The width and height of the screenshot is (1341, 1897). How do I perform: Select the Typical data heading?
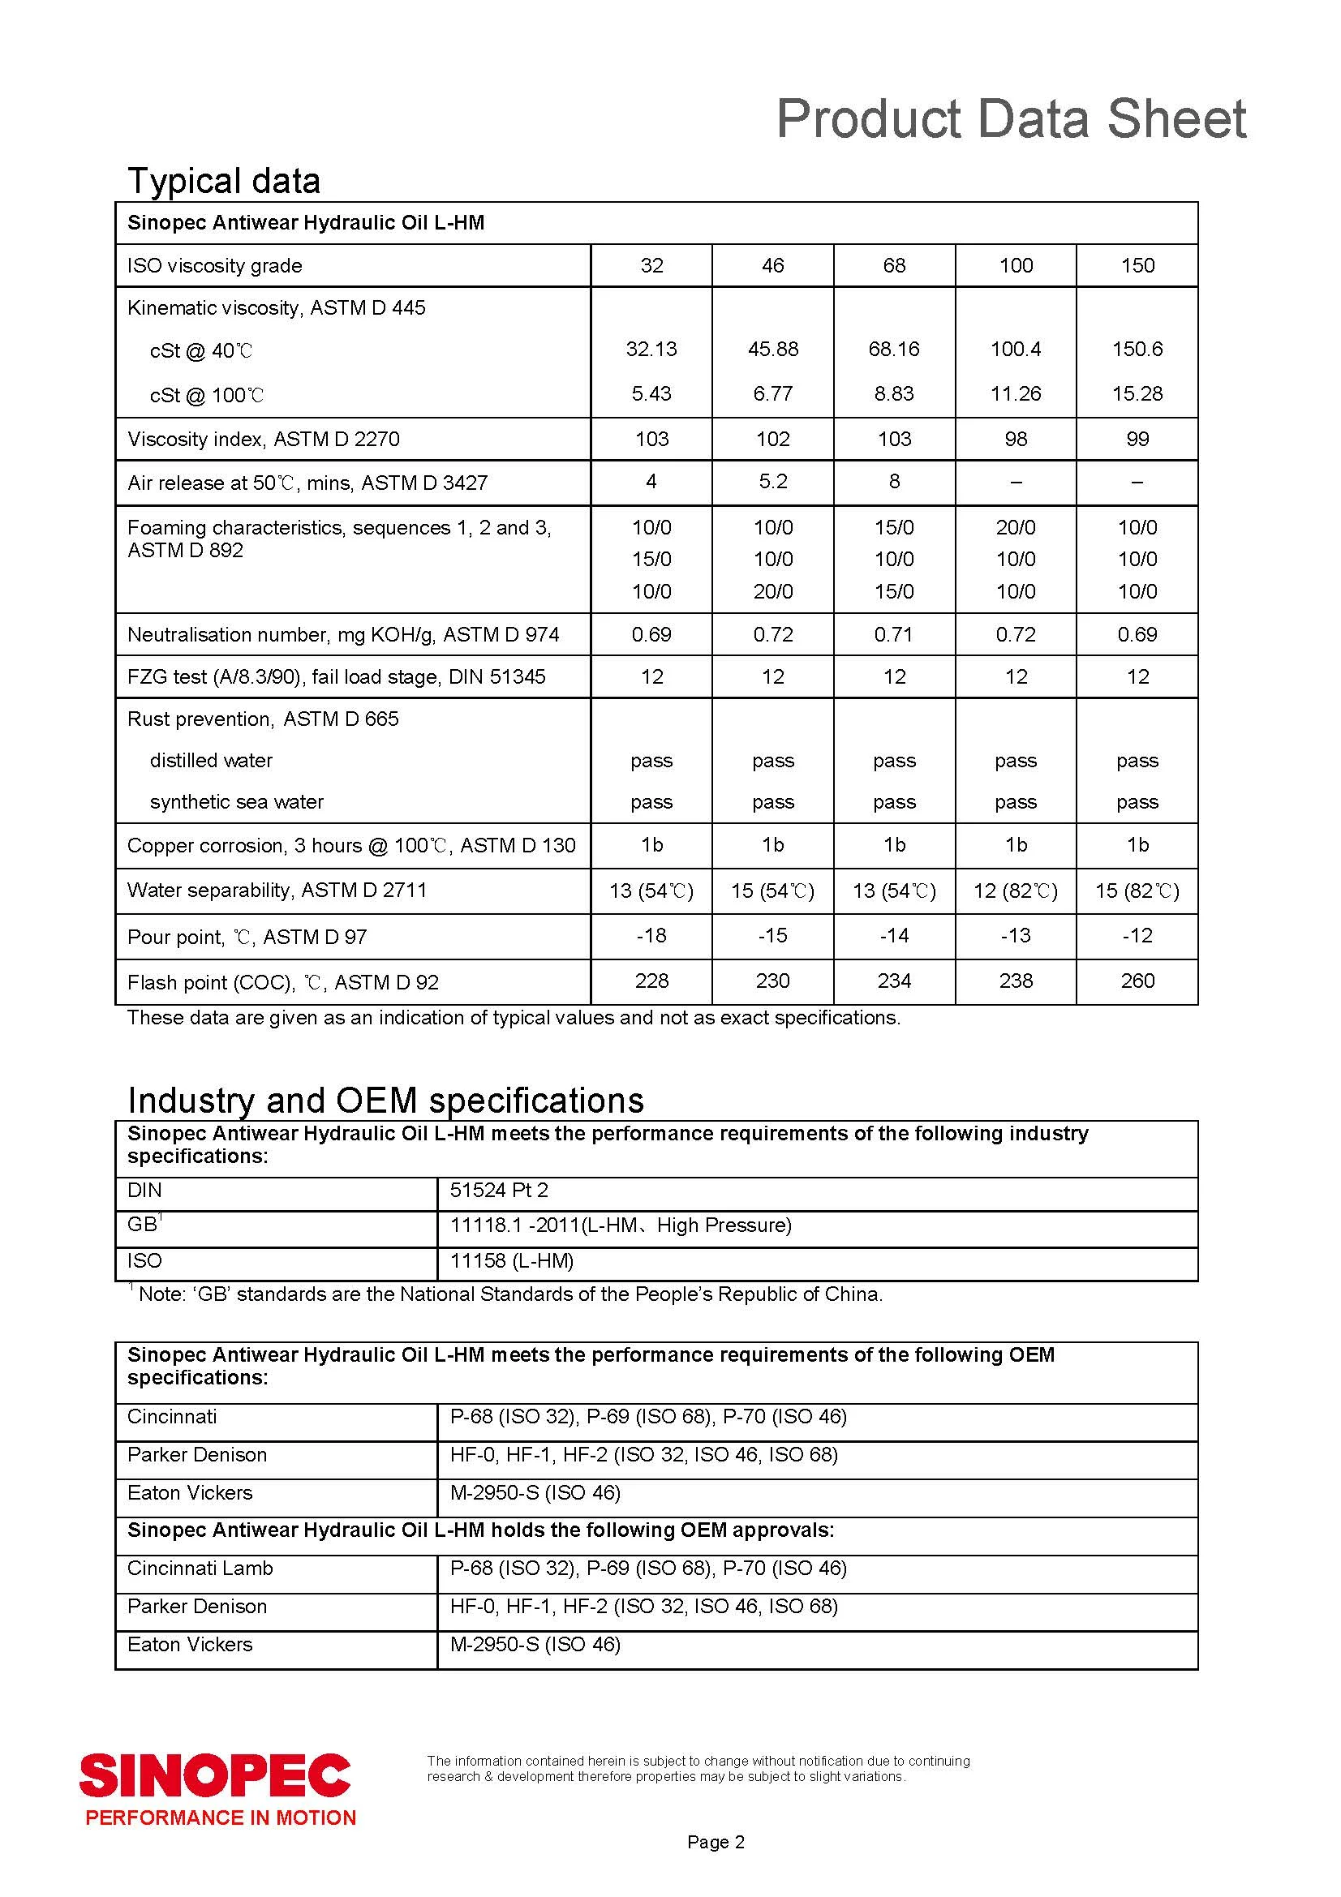point(223,181)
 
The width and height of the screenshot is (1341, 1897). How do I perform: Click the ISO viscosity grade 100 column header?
point(1016,265)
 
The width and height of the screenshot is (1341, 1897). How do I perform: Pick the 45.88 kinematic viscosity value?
point(772,349)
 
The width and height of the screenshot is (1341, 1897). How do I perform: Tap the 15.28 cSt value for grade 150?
point(1137,393)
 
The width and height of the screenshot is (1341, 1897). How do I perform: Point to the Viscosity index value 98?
point(1016,439)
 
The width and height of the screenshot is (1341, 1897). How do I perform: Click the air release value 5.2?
point(772,482)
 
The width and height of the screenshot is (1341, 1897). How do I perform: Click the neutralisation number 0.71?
point(894,634)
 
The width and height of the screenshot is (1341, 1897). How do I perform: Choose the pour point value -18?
point(651,935)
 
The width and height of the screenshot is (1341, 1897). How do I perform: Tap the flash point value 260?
point(1137,981)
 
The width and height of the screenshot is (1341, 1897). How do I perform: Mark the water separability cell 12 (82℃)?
point(1016,891)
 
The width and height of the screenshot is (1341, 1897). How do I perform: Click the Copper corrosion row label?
point(351,845)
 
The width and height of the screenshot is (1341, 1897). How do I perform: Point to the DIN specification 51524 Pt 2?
point(499,1190)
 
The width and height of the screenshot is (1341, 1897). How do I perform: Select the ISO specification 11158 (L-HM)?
point(511,1260)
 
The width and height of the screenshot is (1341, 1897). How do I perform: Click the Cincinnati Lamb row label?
point(200,1569)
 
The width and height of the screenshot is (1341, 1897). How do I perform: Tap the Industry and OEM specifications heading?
point(385,1100)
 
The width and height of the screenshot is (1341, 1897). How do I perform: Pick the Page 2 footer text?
point(716,1842)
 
